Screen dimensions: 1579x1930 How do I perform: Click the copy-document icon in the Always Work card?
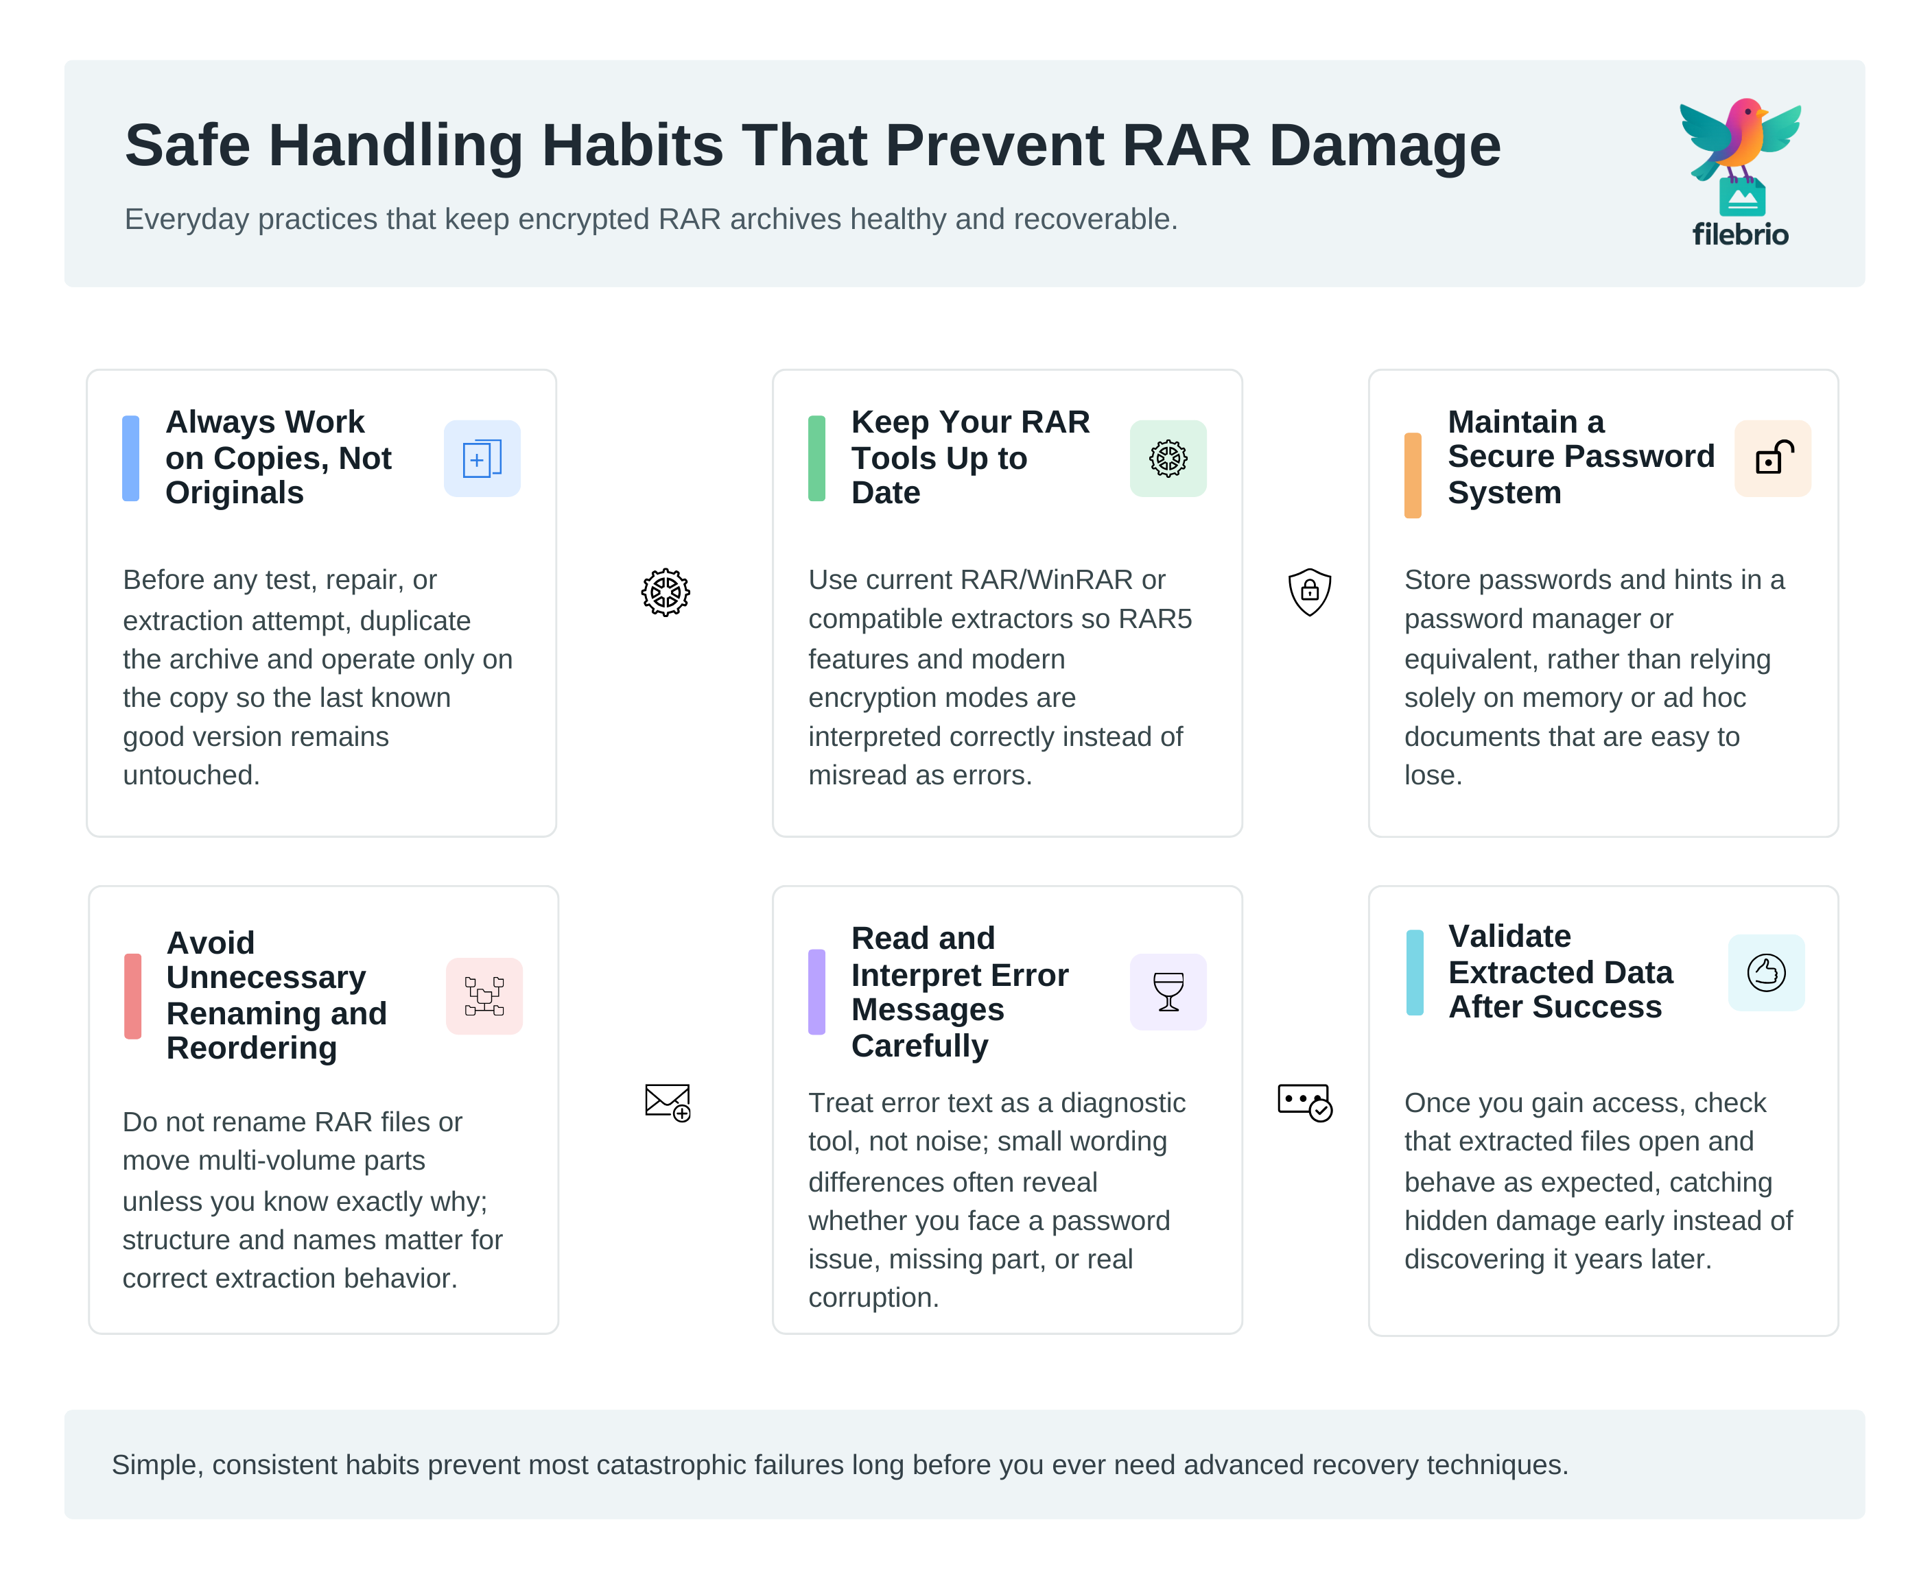tap(482, 459)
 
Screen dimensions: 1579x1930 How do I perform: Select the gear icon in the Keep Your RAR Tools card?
tap(1168, 459)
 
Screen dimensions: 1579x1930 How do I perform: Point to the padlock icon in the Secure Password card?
tap(1772, 459)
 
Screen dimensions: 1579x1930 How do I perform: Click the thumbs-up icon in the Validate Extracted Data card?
tap(1765, 972)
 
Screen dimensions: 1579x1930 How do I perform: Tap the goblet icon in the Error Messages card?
tap(1168, 991)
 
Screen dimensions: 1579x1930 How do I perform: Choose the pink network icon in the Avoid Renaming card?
tap(484, 996)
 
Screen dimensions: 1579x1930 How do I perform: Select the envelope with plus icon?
tap(667, 1102)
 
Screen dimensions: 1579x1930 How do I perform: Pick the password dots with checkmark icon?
tap(1304, 1102)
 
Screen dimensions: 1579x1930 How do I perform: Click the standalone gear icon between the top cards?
tap(665, 592)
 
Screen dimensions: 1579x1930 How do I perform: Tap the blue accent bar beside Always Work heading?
tap(131, 459)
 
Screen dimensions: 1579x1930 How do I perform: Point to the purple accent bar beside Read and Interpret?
tap(816, 991)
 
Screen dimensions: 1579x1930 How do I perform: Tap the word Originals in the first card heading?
tap(235, 493)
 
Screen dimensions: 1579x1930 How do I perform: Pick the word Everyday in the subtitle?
tap(187, 219)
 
